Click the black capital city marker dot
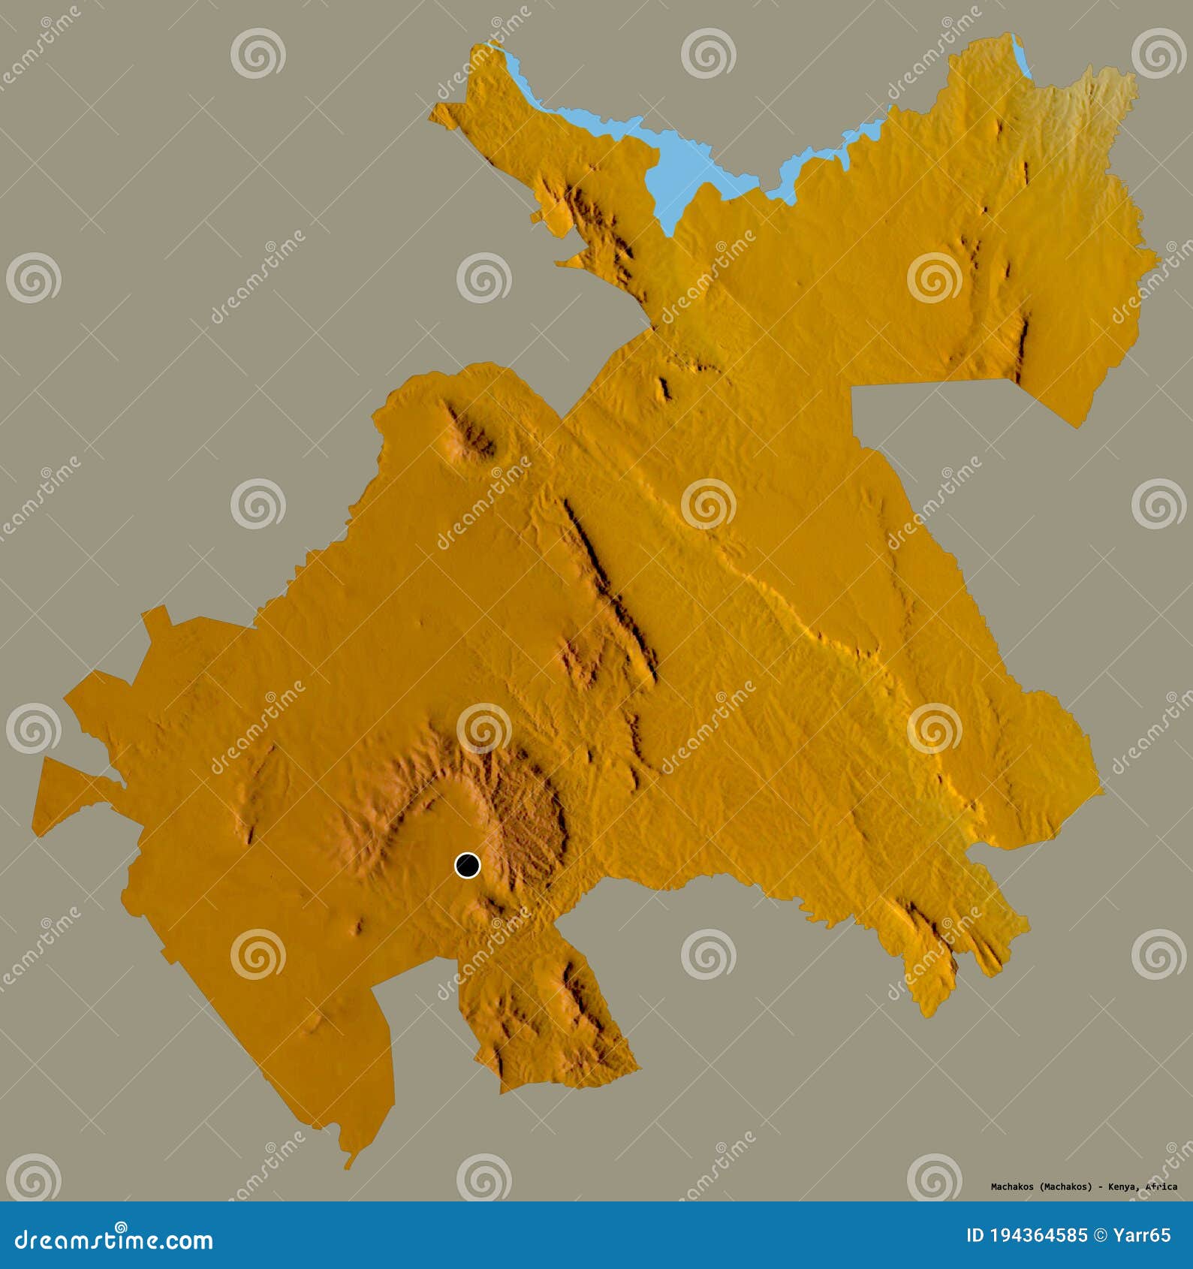pyautogui.click(x=467, y=865)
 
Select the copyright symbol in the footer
pyautogui.click(x=1102, y=1235)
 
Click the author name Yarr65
pyautogui.click(x=1142, y=1235)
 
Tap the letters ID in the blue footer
pyautogui.click(x=975, y=1235)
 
